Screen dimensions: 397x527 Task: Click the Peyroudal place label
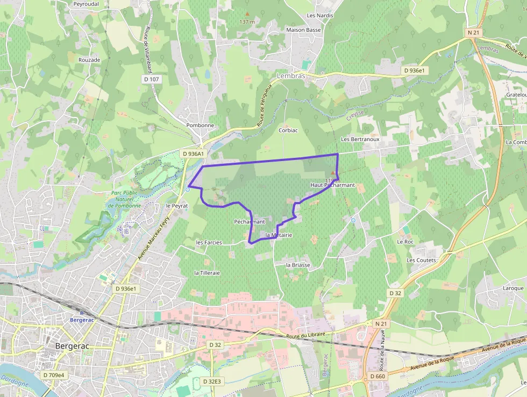[87, 3]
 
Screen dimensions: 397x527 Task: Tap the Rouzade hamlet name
[89, 60]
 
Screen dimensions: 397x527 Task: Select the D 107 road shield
[152, 79]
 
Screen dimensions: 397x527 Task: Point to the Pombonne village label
[200, 126]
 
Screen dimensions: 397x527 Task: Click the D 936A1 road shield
[194, 154]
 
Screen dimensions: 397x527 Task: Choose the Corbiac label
[288, 130]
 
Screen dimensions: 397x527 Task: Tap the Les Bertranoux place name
[360, 139]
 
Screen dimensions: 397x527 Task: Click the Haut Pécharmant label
[333, 185]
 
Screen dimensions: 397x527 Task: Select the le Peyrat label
[177, 206]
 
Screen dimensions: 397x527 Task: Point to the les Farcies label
[209, 242]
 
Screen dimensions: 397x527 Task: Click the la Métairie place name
[279, 235]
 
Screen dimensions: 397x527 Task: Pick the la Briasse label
[298, 265]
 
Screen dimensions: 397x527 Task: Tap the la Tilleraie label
[207, 273]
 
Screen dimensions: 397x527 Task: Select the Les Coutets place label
[422, 260]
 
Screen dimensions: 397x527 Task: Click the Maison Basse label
[304, 30]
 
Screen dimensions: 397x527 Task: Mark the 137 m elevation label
[247, 22]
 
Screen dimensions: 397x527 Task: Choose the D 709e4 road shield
[53, 375]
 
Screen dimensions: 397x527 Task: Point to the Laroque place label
[513, 288]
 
